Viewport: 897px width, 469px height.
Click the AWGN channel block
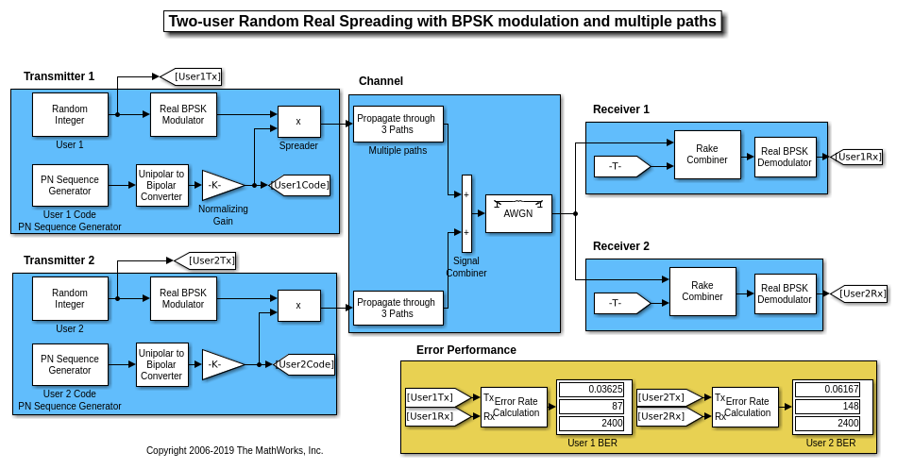coord(518,213)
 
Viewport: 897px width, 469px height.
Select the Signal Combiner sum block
coord(466,213)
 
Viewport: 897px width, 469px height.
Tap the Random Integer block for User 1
coord(70,114)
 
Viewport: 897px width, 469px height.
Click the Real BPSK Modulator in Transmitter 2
coord(183,298)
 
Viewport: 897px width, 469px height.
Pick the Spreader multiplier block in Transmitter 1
coord(298,121)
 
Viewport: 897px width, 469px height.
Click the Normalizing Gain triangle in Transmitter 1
coord(220,185)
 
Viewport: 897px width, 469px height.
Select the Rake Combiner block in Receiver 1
coord(706,154)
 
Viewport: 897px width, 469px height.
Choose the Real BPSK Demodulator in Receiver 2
coord(785,293)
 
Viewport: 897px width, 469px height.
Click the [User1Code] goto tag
coord(301,186)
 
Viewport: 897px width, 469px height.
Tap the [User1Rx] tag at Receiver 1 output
coord(859,157)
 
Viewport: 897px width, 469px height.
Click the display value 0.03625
coord(594,389)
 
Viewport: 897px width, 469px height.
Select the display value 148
coord(826,407)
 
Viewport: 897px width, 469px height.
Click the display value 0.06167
coord(826,389)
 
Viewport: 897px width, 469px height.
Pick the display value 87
coord(594,407)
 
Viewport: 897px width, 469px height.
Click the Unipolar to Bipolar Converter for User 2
coord(162,364)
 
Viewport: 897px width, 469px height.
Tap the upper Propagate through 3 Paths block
coord(398,124)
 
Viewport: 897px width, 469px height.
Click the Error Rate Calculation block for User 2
coord(745,407)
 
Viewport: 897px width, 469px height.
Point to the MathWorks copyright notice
coord(234,451)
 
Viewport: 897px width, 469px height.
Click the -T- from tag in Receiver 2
coord(618,303)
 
